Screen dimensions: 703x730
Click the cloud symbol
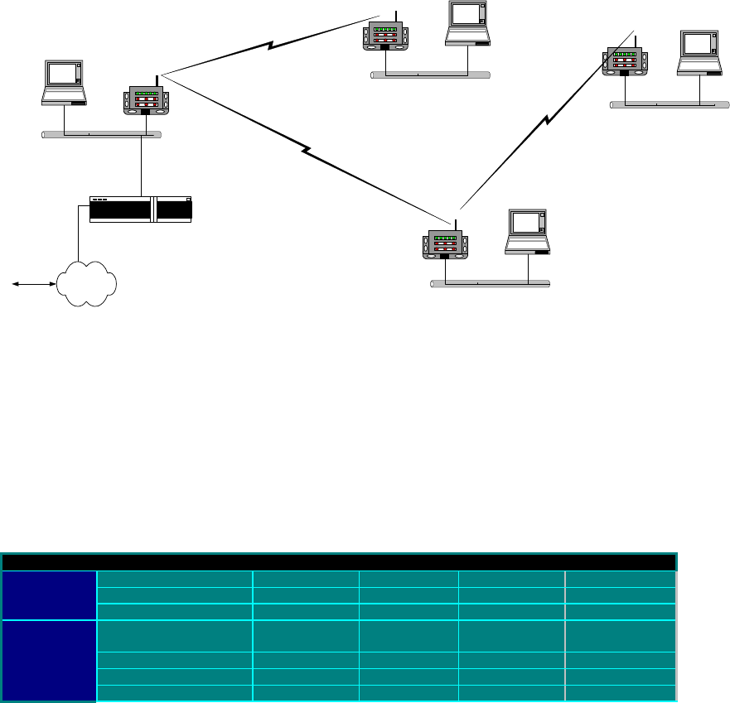pyautogui.click(x=87, y=284)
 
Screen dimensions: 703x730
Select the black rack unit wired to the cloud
pyautogui.click(x=140, y=209)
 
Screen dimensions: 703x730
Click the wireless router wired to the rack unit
pyautogui.click(x=146, y=101)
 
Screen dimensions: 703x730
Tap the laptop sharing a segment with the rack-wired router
pyautogui.click(x=65, y=83)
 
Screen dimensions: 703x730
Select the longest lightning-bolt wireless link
pyautogui.click(x=307, y=152)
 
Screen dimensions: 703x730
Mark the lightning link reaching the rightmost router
pyautogui.click(x=547, y=120)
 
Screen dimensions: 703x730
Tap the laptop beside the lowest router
pyautogui.click(x=528, y=232)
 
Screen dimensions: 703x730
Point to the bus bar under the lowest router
pyautogui.click(x=490, y=283)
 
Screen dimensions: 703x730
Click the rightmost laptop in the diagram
pyautogui.click(x=698, y=53)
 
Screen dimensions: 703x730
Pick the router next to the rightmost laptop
pyautogui.click(x=624, y=63)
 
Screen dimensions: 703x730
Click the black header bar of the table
pyautogui.click(x=339, y=562)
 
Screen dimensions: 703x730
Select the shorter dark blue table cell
pyautogui.click(x=49, y=594)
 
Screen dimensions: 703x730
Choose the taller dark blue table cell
pyautogui.click(x=49, y=660)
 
